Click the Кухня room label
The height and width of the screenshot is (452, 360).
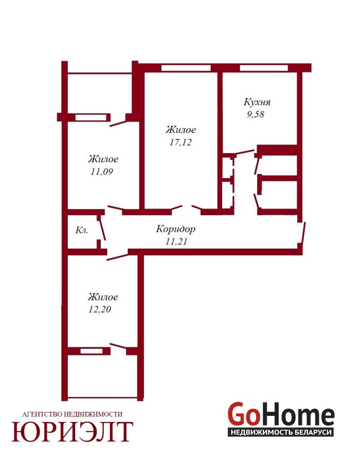coord(257,102)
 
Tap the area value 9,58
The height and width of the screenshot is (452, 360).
coord(255,114)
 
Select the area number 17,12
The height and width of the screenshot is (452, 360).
coord(180,142)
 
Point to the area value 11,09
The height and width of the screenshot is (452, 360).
coord(102,172)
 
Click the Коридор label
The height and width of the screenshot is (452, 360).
coord(176,229)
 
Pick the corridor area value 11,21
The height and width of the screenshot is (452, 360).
coord(176,241)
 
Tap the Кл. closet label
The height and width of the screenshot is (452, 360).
coord(81,230)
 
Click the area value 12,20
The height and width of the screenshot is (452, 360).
coord(99,309)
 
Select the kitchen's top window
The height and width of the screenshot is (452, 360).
coord(264,68)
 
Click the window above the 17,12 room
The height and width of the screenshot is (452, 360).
coord(186,68)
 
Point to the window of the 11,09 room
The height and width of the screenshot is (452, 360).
coord(91,118)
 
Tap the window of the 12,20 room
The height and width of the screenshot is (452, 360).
coord(92,351)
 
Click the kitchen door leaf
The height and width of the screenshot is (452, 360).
coord(245,151)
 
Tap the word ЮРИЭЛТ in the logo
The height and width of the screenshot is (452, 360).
coord(72,432)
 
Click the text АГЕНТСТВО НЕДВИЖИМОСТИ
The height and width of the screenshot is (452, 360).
coord(72,414)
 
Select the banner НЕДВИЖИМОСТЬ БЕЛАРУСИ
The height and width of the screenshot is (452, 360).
coord(281,432)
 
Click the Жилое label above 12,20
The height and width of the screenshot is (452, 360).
coord(103,297)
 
